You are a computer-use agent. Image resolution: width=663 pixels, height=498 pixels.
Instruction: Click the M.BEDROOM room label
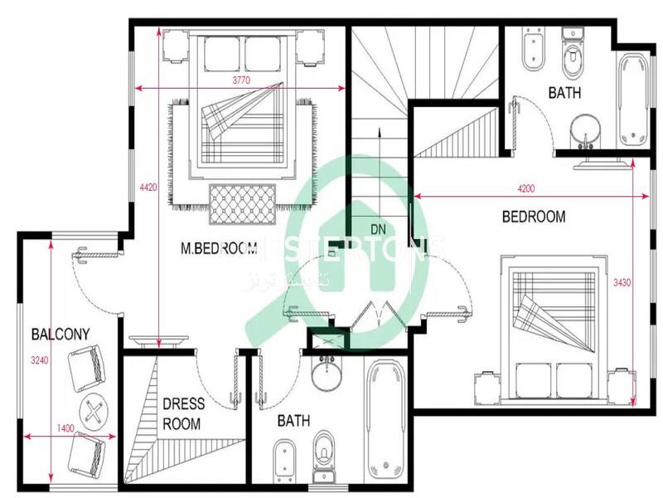point(219,247)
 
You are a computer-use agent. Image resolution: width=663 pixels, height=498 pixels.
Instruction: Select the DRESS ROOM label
point(182,413)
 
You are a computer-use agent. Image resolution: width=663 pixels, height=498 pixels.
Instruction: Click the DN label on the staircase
point(379,228)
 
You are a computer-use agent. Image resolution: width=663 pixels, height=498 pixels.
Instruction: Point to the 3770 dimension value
point(241,80)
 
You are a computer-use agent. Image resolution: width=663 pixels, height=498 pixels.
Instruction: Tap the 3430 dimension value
point(622,283)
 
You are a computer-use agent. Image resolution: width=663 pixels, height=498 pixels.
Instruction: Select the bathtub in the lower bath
point(385,419)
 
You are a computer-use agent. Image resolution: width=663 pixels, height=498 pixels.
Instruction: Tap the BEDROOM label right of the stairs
point(535,217)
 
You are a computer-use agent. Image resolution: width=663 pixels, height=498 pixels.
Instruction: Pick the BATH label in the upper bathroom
point(564,93)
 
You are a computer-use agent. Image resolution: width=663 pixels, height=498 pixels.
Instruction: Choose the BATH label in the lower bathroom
point(293,421)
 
